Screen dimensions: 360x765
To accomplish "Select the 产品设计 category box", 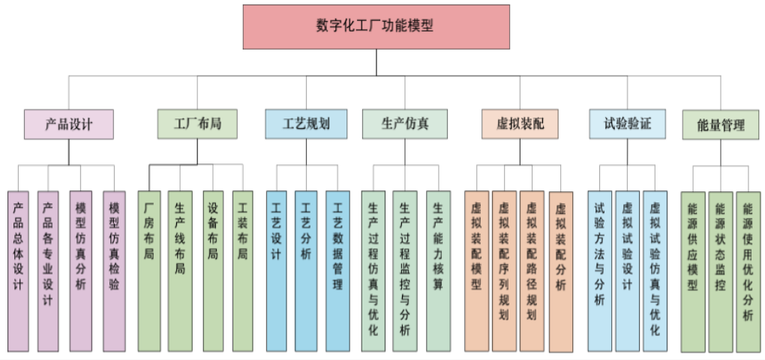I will pyautogui.click(x=69, y=124).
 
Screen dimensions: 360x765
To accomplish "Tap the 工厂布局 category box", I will pyautogui.click(x=197, y=124).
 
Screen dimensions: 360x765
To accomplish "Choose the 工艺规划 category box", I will pyautogui.click(x=306, y=124).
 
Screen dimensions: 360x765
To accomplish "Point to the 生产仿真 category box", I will pyautogui.click(x=405, y=124).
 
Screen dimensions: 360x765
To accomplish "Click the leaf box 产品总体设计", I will pyautogui.click(x=19, y=270).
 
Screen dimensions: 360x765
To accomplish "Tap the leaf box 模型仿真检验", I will pyautogui.click(x=114, y=270).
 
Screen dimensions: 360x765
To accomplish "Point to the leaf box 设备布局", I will pyautogui.click(x=213, y=270).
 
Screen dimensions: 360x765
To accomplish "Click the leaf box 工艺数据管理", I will pyautogui.click(x=337, y=270).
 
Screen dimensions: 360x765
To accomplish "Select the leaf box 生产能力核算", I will pyautogui.click(x=438, y=270).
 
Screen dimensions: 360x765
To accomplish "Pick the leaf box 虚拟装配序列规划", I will pyautogui.click(x=503, y=270).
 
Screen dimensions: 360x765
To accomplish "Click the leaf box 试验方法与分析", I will pyautogui.click(x=599, y=270).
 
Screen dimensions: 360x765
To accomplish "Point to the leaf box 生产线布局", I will pyautogui.click(x=180, y=270).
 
